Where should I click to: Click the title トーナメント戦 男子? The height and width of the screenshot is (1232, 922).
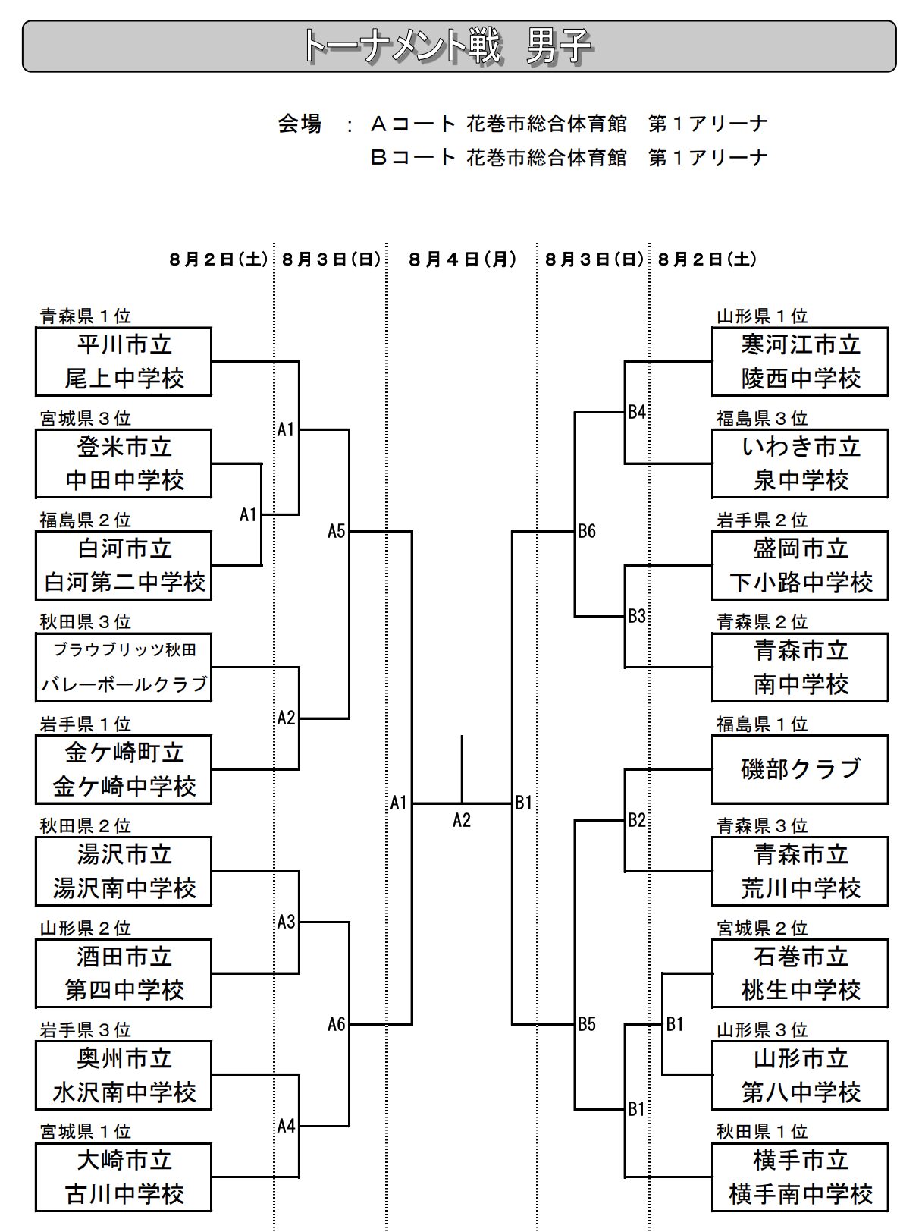pyautogui.click(x=447, y=46)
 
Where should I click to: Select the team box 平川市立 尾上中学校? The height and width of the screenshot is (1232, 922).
pyautogui.click(x=124, y=362)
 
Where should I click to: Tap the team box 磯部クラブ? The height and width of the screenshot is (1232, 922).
pyautogui.click(x=800, y=769)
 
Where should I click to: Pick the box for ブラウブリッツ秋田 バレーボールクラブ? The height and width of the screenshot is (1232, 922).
pyautogui.click(x=124, y=668)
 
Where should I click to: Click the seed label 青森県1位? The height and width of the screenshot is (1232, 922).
pyautogui.click(x=85, y=316)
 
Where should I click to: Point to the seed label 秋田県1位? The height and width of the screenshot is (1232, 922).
pyautogui.click(x=762, y=1131)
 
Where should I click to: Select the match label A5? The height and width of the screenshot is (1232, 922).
pyautogui.click(x=336, y=531)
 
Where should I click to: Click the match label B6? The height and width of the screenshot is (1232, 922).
pyautogui.click(x=587, y=531)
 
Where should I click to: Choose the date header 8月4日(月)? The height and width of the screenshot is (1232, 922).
pyautogui.click(x=462, y=259)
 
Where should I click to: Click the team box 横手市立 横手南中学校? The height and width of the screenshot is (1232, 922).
pyautogui.click(x=800, y=1177)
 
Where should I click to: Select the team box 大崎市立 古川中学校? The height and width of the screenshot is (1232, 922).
pyautogui.click(x=124, y=1177)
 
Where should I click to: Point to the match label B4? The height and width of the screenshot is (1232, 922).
pyautogui.click(x=637, y=412)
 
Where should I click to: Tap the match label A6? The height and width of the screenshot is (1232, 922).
pyautogui.click(x=336, y=1024)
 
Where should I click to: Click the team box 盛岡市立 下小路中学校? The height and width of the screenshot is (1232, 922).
pyautogui.click(x=800, y=565)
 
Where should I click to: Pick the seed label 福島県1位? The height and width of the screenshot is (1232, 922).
pyautogui.click(x=762, y=724)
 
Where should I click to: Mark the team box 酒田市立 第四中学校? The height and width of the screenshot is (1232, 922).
pyautogui.click(x=124, y=973)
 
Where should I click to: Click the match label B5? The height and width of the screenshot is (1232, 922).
pyautogui.click(x=587, y=1024)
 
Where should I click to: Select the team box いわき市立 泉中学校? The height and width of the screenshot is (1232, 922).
pyautogui.click(x=800, y=464)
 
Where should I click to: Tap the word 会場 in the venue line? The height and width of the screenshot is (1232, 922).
pyautogui.click(x=299, y=123)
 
